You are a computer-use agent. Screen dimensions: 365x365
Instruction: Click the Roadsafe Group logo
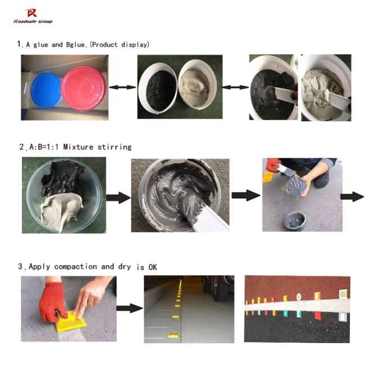point(33,15)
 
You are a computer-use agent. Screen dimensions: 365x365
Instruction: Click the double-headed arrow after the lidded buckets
point(123,87)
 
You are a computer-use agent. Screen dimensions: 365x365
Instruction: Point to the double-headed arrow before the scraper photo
point(236,87)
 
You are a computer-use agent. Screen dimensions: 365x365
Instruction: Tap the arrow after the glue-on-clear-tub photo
point(118,198)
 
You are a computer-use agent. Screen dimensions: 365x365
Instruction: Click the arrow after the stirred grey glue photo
point(245,195)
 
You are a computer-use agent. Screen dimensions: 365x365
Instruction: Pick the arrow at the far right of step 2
point(352,196)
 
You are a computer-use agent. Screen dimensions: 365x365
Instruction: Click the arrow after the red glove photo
point(129,308)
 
